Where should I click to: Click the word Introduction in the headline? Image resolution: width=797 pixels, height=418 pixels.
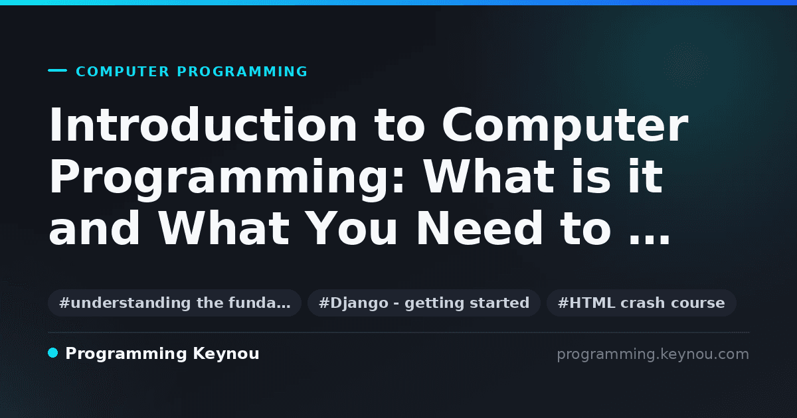(x=203, y=125)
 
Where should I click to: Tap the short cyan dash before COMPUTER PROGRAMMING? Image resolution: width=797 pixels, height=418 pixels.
(x=57, y=70)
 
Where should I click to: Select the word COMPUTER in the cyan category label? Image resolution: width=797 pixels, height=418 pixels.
(x=122, y=72)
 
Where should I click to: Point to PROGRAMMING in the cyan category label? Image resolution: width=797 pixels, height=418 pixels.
(x=242, y=72)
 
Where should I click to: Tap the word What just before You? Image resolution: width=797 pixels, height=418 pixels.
(x=224, y=228)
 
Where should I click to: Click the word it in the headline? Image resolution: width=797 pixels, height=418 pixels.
(x=646, y=176)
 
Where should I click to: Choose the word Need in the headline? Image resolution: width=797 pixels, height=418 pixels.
(x=479, y=228)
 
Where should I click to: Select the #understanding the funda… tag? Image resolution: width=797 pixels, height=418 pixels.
(x=175, y=303)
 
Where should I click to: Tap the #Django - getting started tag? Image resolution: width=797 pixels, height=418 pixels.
(x=424, y=303)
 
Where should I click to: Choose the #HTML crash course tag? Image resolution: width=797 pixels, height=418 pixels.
(x=641, y=303)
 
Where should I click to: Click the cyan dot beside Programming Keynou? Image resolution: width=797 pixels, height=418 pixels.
(x=53, y=353)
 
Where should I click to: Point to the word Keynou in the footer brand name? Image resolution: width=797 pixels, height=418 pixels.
(x=226, y=354)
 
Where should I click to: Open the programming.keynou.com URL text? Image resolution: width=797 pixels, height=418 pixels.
(x=653, y=354)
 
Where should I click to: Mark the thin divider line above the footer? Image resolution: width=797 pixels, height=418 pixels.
(x=398, y=332)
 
